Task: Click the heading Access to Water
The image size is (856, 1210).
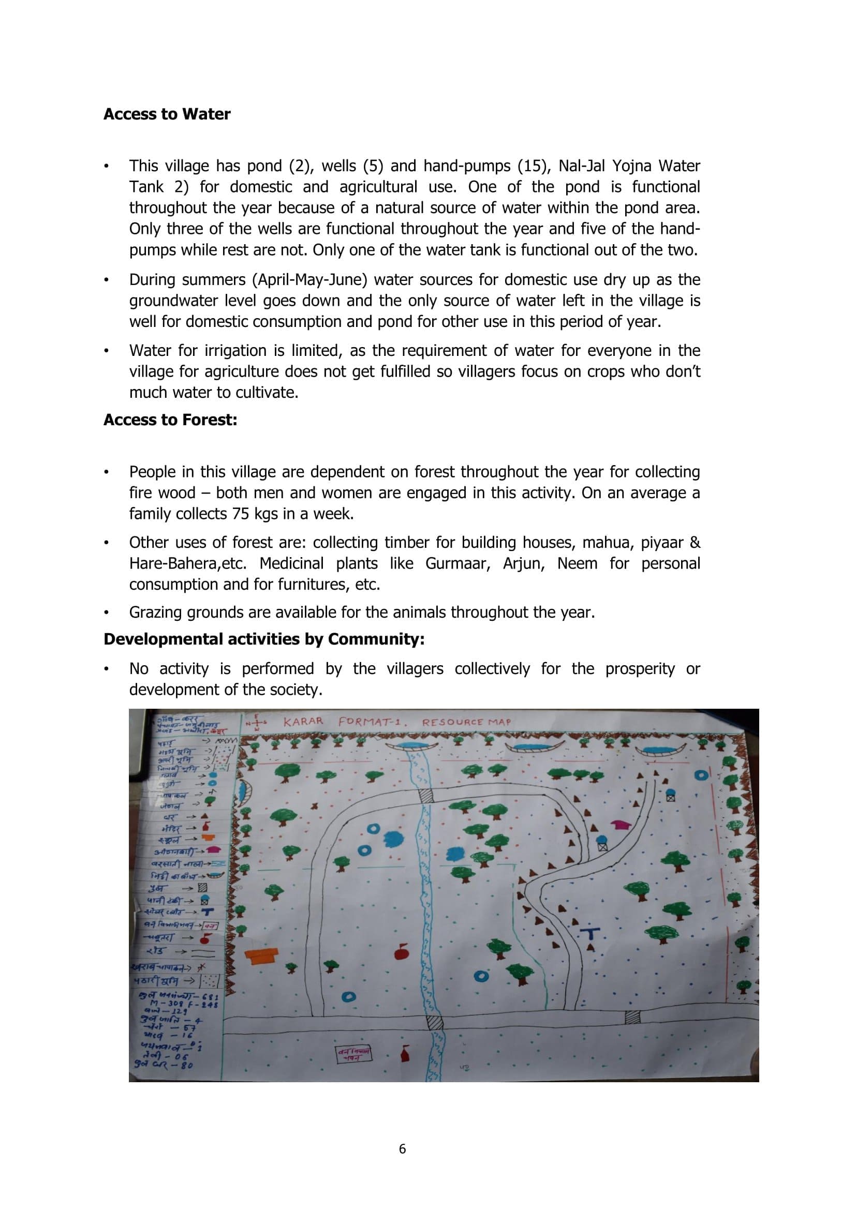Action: (x=167, y=114)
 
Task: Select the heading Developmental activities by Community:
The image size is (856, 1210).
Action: (x=263, y=639)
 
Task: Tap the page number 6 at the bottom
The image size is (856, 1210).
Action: (x=403, y=1149)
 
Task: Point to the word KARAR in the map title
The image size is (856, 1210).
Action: (x=303, y=722)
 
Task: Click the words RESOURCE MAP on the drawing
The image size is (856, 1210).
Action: (x=466, y=722)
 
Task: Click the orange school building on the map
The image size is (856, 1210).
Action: (x=261, y=956)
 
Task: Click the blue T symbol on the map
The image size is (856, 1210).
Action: (x=591, y=934)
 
